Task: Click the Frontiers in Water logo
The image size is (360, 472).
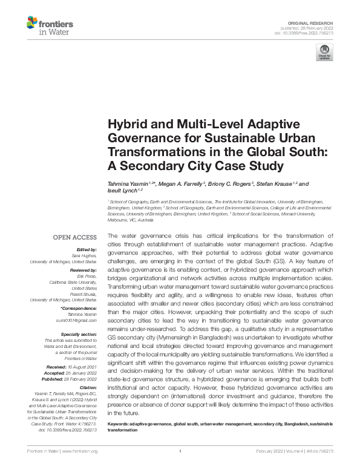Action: pyautogui.click(x=50, y=26)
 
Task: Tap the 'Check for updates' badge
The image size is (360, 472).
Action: pyautogui.click(x=324, y=53)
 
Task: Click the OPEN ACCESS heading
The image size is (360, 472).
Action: pyautogui.click(x=75, y=237)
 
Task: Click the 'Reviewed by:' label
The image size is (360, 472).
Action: pyautogui.click(x=82, y=270)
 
